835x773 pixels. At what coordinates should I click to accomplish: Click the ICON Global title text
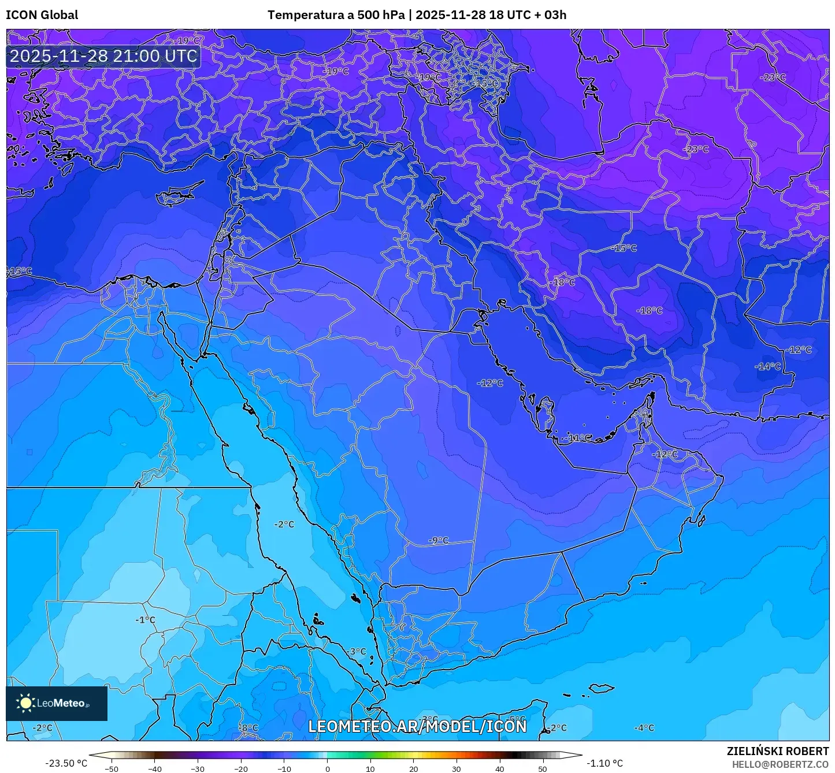(42, 15)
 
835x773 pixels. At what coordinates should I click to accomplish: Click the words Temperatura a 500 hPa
(336, 15)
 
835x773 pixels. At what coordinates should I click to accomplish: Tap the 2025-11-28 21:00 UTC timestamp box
(103, 56)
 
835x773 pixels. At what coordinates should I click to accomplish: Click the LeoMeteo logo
(56, 703)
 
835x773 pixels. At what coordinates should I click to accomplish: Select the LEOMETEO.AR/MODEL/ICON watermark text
(417, 726)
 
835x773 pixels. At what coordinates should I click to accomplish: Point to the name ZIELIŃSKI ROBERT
(777, 751)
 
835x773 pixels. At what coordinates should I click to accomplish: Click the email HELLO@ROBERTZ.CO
(780, 764)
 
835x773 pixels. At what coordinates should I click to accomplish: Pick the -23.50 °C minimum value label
(66, 763)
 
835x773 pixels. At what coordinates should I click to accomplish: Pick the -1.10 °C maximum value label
(604, 763)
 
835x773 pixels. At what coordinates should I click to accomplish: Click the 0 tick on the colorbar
(327, 768)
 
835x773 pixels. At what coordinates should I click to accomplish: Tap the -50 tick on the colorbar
(112, 768)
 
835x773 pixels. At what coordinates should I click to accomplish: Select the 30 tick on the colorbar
(457, 768)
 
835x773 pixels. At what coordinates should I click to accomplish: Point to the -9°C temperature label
(439, 540)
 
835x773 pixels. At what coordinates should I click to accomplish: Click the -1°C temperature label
(145, 620)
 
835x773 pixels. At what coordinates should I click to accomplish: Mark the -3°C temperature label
(357, 651)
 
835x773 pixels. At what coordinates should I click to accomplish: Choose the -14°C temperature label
(767, 366)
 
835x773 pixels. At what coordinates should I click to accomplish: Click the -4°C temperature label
(644, 728)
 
